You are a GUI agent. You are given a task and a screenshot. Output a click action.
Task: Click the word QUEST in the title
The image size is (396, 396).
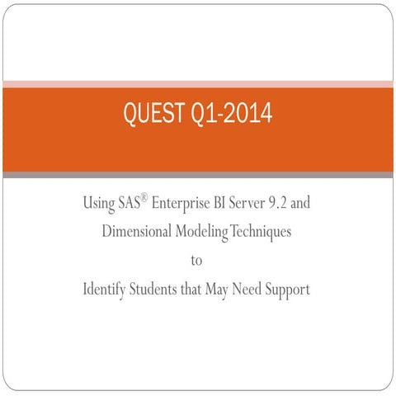point(153,114)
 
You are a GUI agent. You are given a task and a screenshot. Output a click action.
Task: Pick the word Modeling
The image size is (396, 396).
point(200,232)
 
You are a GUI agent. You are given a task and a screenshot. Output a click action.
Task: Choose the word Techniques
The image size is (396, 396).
point(260,232)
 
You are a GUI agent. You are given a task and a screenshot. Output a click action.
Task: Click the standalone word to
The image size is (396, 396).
point(196,262)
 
